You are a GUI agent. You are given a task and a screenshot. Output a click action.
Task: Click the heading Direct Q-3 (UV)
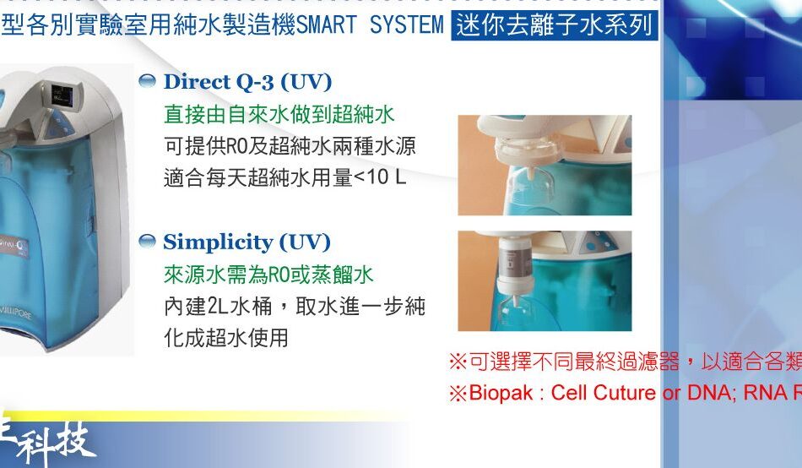[x=247, y=82]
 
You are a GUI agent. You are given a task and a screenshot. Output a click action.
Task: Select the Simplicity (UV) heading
[x=247, y=242]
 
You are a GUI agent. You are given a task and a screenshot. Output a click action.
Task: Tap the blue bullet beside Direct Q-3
[x=147, y=81]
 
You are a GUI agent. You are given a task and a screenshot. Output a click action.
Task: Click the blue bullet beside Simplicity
[x=147, y=242]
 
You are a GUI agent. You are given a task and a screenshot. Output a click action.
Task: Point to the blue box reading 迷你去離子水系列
[x=555, y=25]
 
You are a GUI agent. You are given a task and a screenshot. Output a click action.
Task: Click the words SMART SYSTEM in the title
[x=370, y=24]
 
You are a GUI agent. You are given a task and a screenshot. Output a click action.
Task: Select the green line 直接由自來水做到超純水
[x=279, y=114]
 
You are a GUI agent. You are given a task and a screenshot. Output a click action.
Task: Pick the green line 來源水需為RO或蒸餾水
[x=268, y=275]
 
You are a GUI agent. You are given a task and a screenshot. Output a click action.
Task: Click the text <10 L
[x=380, y=177]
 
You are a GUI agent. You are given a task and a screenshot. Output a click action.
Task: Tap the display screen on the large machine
[x=65, y=95]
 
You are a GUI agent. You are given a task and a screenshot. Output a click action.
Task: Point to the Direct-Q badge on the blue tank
[x=14, y=247]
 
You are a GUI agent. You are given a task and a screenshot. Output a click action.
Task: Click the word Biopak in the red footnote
[x=501, y=394]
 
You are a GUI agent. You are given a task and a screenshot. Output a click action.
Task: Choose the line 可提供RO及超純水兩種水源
[x=290, y=146]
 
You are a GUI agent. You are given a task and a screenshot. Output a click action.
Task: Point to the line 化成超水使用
[x=226, y=338]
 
